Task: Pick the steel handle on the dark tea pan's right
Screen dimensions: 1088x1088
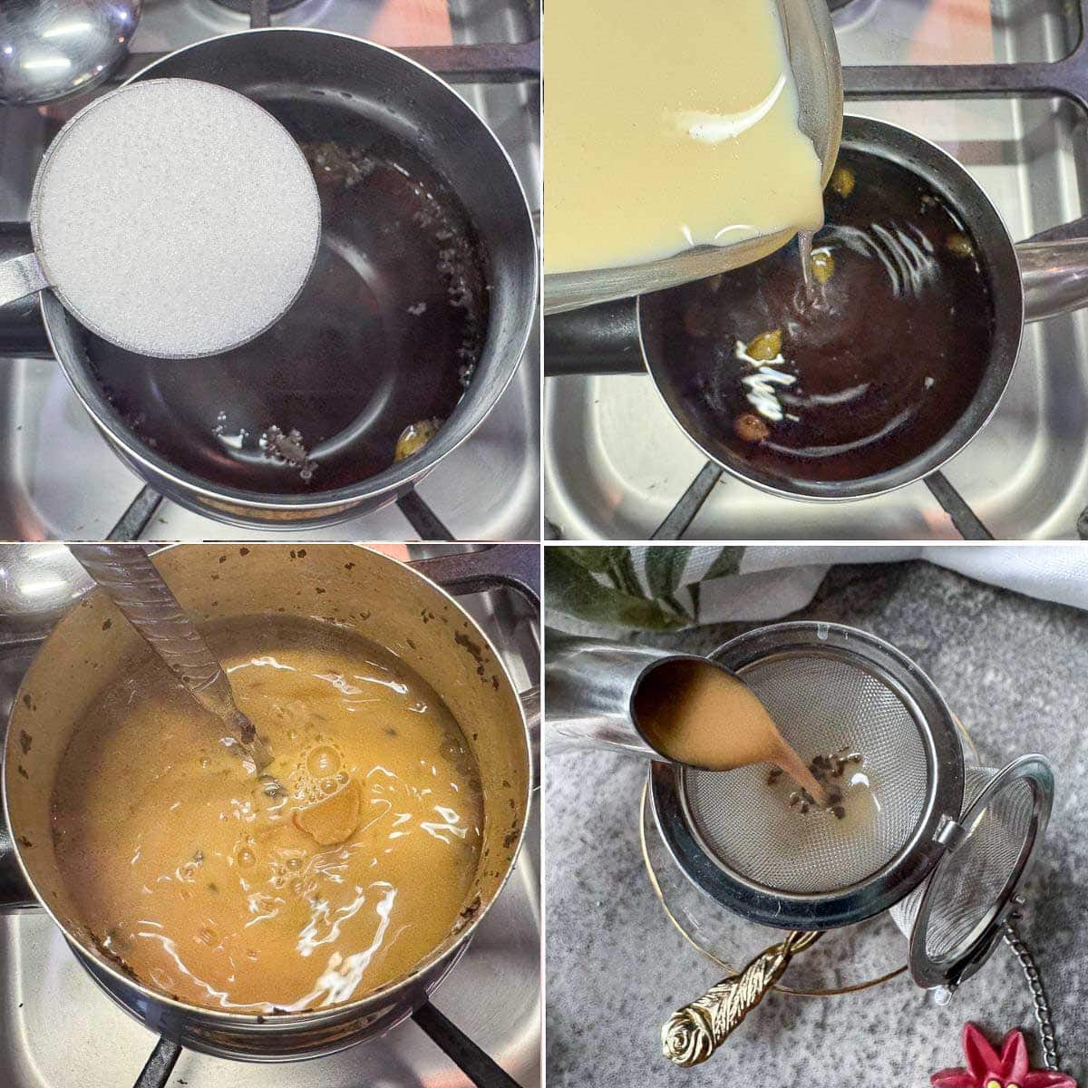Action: (x=1052, y=277)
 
